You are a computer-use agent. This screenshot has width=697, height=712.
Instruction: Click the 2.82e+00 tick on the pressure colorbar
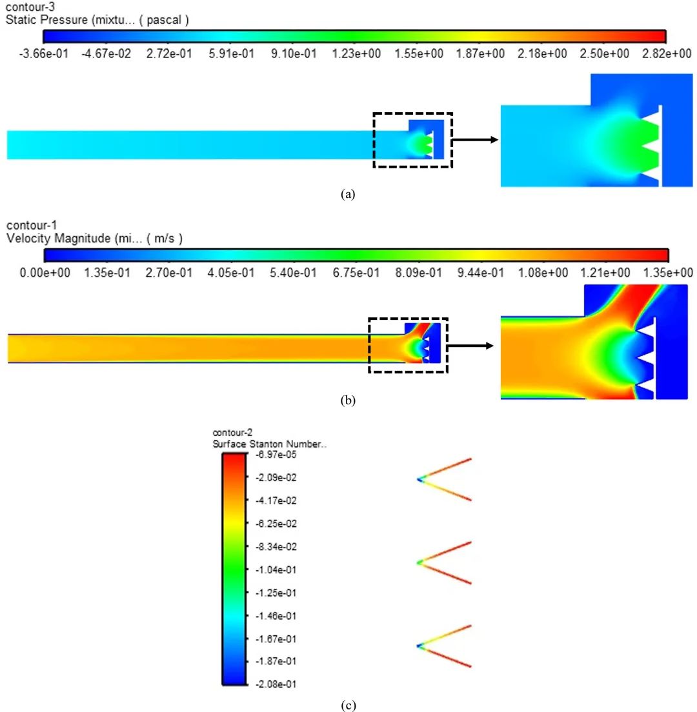pyautogui.click(x=667, y=54)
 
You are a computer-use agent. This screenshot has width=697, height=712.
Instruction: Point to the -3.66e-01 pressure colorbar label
pyautogui.click(x=44, y=54)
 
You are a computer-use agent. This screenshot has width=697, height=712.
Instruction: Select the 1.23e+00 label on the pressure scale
pyautogui.click(x=356, y=54)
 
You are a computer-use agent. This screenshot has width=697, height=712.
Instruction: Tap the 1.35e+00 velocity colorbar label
pyautogui.click(x=668, y=272)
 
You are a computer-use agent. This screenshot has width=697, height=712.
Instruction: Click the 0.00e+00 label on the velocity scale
pyautogui.click(x=45, y=272)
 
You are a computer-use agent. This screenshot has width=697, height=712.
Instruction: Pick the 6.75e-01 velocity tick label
pyautogui.click(x=356, y=272)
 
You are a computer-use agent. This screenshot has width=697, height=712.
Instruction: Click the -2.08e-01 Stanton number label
pyautogui.click(x=276, y=684)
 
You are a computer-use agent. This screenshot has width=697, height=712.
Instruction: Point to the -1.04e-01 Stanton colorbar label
pyautogui.click(x=276, y=569)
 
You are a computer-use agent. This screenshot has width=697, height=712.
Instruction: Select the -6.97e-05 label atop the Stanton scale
pyautogui.click(x=276, y=455)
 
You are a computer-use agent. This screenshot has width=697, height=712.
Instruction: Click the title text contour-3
pyautogui.click(x=30, y=7)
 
